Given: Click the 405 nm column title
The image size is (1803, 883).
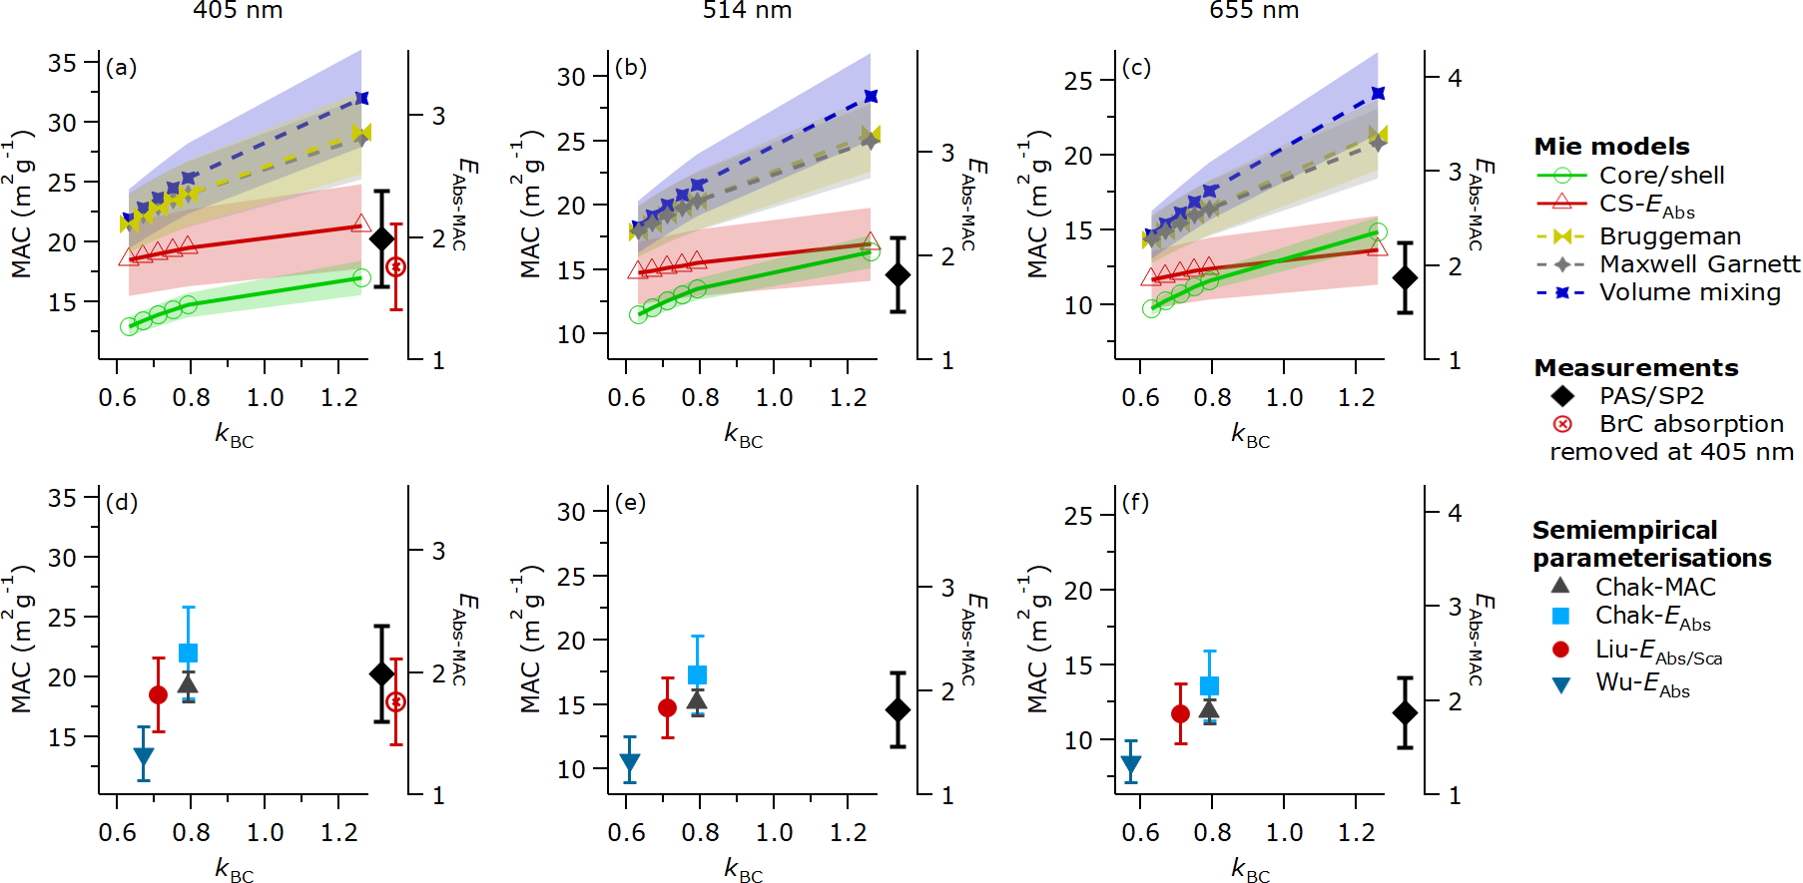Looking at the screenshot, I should pyautogui.click(x=238, y=11).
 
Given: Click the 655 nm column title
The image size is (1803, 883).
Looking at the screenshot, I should pyautogui.click(x=1254, y=11).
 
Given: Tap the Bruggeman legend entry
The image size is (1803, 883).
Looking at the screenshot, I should pyautogui.click(x=1669, y=236).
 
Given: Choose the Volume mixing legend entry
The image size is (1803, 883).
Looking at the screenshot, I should pyautogui.click(x=1689, y=292).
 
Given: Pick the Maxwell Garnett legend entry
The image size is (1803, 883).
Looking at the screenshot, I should pyautogui.click(x=1699, y=264).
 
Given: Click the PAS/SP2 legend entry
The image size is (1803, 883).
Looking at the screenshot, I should pyautogui.click(x=1651, y=396).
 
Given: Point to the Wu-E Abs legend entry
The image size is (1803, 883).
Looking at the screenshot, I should pyautogui.click(x=1642, y=684).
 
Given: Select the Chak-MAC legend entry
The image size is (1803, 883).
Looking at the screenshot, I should pyautogui.click(x=1654, y=587).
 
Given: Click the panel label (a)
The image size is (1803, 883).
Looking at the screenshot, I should pyautogui.click(x=121, y=68).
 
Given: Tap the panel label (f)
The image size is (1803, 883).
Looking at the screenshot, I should pyautogui.click(x=1136, y=502).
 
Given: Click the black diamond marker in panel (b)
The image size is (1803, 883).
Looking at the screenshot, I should pyautogui.click(x=898, y=274).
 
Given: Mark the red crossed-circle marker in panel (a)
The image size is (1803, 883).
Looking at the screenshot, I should pyautogui.click(x=395, y=267).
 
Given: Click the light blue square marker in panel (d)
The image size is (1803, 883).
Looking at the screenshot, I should pyautogui.click(x=188, y=654).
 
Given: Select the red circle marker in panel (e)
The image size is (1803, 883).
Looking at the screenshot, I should pyautogui.click(x=667, y=708).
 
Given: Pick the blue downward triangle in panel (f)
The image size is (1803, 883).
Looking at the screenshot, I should pyautogui.click(x=1130, y=765).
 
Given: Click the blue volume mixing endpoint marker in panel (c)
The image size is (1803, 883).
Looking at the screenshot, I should pyautogui.click(x=1378, y=94).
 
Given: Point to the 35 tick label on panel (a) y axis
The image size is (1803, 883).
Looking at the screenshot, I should pyautogui.click(x=62, y=63).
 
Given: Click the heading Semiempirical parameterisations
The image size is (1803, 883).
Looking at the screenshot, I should pyautogui.click(x=1651, y=544).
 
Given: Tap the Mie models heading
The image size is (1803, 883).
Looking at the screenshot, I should pyautogui.click(x=1611, y=147).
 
